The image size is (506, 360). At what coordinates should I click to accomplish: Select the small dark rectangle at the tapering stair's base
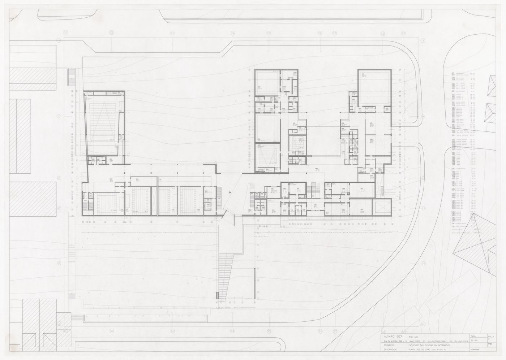coord(217,295)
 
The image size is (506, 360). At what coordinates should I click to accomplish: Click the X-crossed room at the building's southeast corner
coord(383,208)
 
